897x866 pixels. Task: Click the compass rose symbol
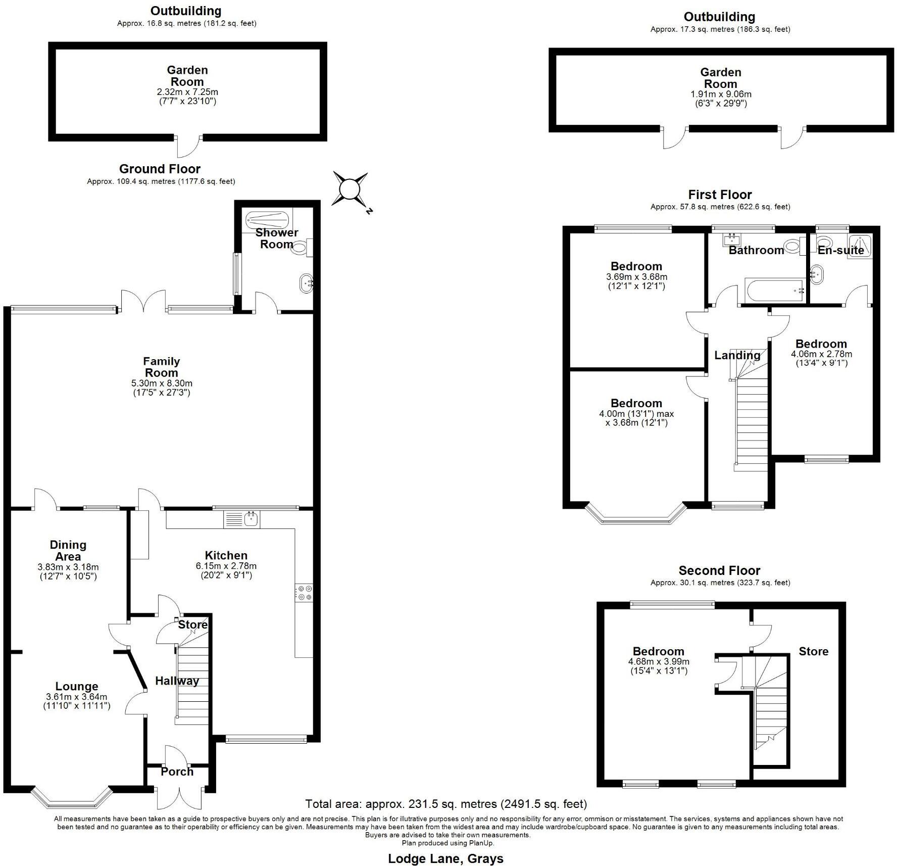pyautogui.click(x=349, y=189)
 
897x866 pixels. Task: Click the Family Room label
pyautogui.click(x=161, y=367)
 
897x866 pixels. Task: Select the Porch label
pyautogui.click(x=177, y=772)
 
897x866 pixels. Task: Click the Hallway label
pyautogui.click(x=177, y=681)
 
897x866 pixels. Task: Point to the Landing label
pyautogui.click(x=737, y=355)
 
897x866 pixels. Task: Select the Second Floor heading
pyautogui.click(x=719, y=570)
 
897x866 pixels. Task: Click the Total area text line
pyautogui.click(x=446, y=803)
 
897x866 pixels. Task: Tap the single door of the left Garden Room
pyautogui.click(x=188, y=147)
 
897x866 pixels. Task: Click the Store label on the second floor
pyautogui.click(x=813, y=651)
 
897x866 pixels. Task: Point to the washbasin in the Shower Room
pyautogui.click(x=307, y=283)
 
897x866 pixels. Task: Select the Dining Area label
pyautogui.click(x=68, y=550)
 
